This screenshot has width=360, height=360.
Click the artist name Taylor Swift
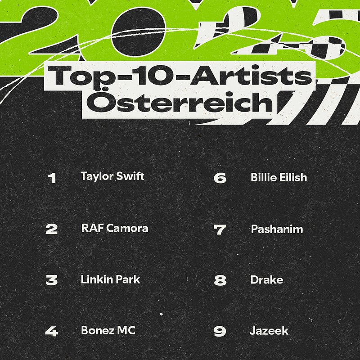(112, 176)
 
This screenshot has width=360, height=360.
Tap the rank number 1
(52, 178)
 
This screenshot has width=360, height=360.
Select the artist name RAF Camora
(114, 228)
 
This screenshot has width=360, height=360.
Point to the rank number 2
(52, 229)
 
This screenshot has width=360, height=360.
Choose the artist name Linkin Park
(110, 279)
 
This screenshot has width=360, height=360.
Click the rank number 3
(52, 280)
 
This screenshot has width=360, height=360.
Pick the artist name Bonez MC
(108, 331)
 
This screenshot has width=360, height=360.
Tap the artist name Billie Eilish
(279, 177)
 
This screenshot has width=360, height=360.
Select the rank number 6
(220, 178)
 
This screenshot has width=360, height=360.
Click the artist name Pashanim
(277, 229)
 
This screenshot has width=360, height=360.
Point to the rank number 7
(220, 230)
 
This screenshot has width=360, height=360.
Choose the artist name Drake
(267, 280)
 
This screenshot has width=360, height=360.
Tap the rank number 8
(220, 281)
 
